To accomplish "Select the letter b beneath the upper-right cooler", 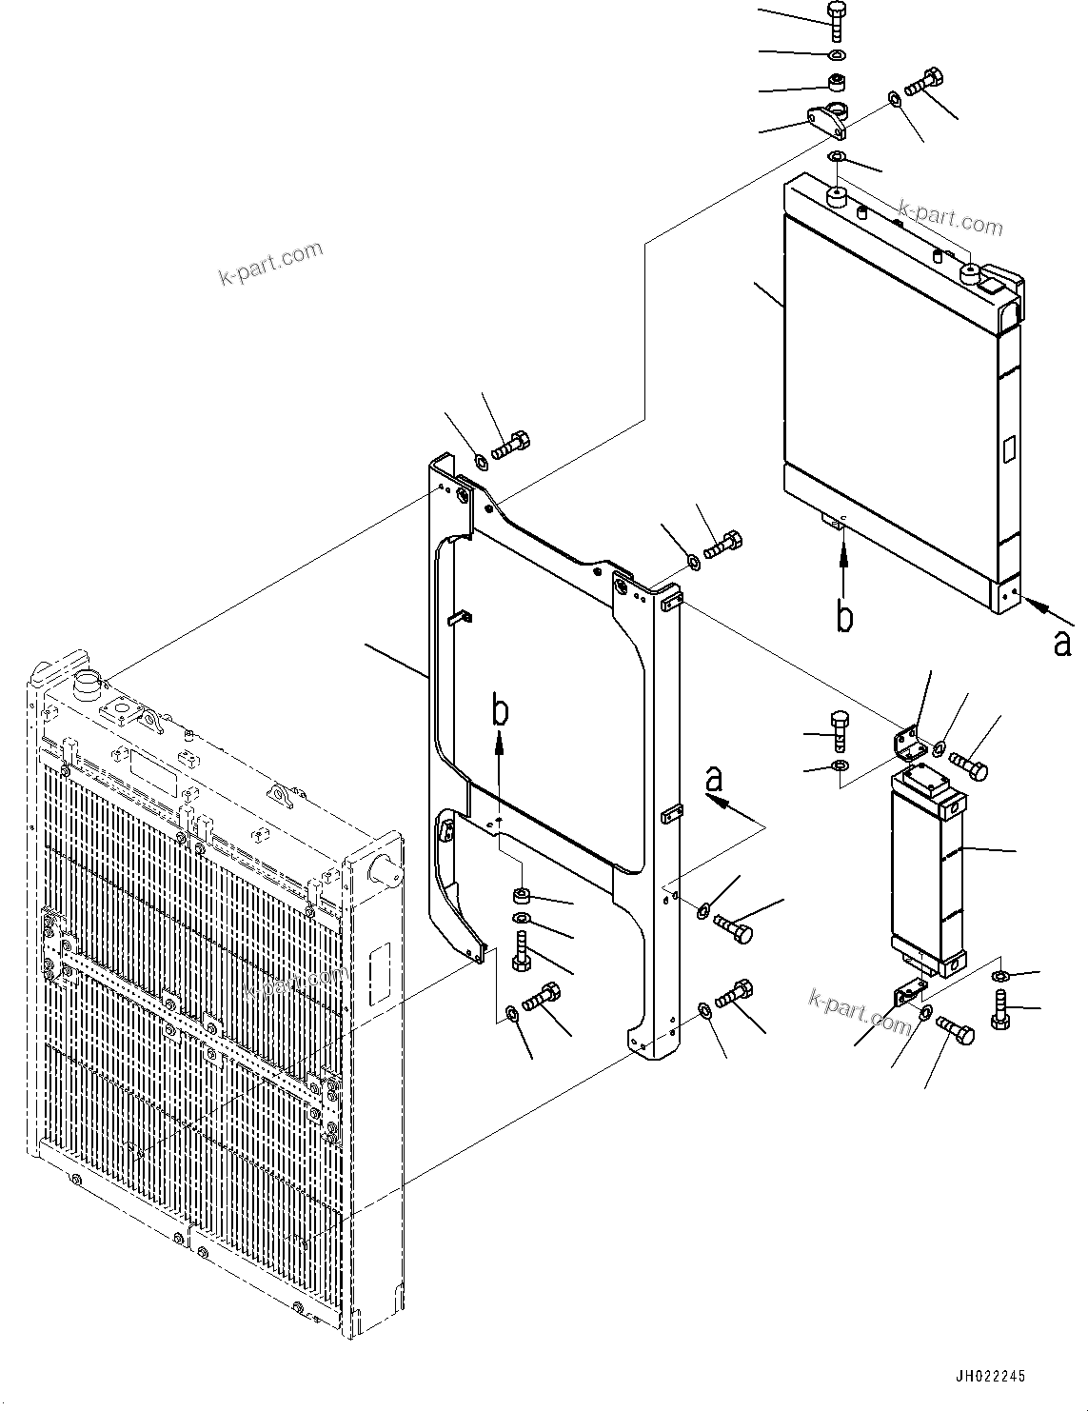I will [844, 616].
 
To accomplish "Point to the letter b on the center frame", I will [499, 711].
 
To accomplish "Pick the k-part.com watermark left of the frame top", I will [271, 264].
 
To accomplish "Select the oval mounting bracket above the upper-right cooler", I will [828, 119].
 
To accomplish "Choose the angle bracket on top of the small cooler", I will [913, 744].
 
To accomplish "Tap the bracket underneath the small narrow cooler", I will [910, 996].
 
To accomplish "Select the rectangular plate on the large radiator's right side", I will [382, 972].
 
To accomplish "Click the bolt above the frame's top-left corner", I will [512, 444].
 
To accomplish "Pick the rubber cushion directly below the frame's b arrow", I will [521, 895].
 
